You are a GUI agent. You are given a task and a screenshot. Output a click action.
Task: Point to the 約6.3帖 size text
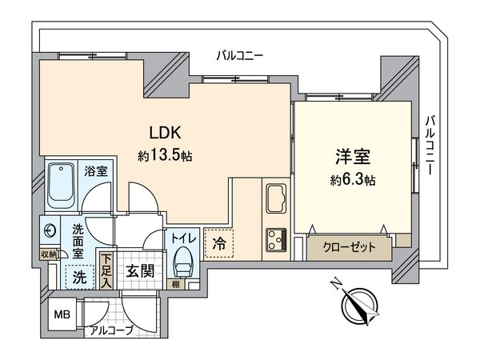tap(350, 181)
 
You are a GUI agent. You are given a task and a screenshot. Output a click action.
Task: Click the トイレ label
tap(179, 237)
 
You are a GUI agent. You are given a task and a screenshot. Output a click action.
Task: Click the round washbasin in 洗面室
tap(51, 230)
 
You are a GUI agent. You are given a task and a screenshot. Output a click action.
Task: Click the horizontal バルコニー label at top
tap(241, 55)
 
